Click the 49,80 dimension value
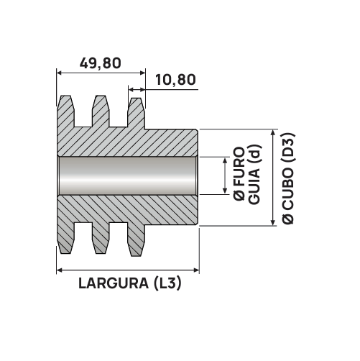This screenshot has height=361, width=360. pyautogui.click(x=101, y=63)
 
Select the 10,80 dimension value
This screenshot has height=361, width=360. pyautogui.click(x=175, y=80)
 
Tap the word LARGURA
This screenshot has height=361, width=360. pyautogui.click(x=114, y=283)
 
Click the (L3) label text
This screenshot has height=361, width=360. pyautogui.click(x=167, y=283)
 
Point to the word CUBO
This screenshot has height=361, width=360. pyautogui.click(x=288, y=188)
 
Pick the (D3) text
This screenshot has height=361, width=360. pyautogui.click(x=288, y=148)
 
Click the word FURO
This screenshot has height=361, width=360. pyautogui.click(x=239, y=167)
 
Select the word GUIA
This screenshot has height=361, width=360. pyautogui.click(x=254, y=186)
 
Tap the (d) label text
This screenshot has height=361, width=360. pyautogui.click(x=254, y=155)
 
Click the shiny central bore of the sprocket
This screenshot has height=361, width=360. pyautogui.click(x=128, y=175)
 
